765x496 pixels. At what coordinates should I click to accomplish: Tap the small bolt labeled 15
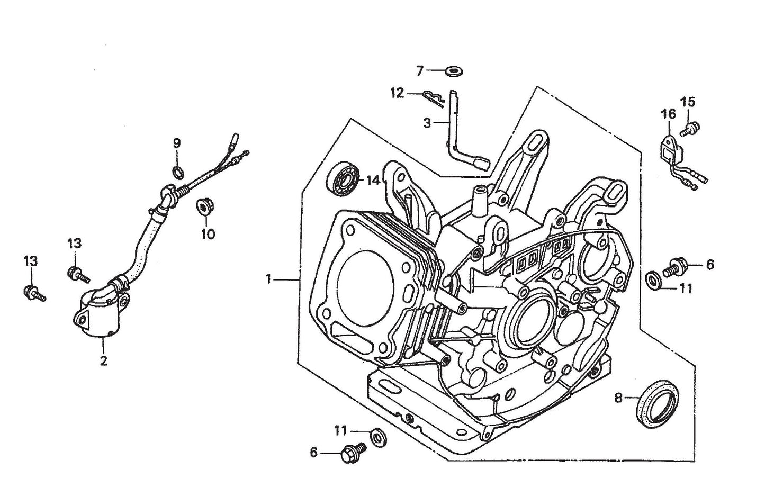point(691,127)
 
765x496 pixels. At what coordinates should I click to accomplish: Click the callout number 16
point(668,114)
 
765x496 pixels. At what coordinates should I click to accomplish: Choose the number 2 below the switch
point(103,361)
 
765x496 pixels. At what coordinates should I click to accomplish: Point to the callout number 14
point(373,181)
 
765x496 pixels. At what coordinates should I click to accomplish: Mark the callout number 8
point(618,397)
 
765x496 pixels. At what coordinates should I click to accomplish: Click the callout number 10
point(208,233)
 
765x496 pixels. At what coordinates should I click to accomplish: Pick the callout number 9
point(177,143)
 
